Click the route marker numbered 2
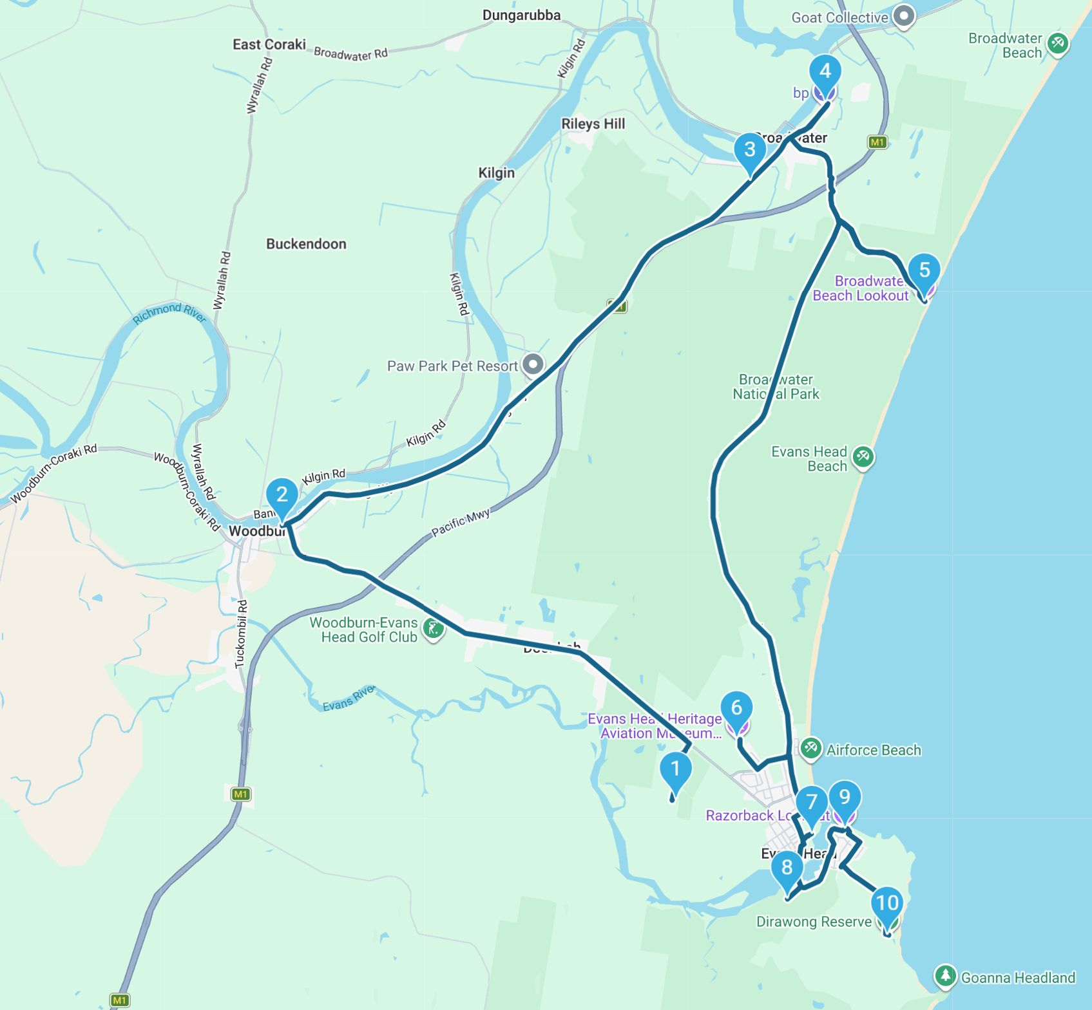coord(282,495)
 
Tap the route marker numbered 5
coord(924,270)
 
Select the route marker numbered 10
coord(887,903)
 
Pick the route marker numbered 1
coord(675,769)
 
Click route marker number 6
coord(736,708)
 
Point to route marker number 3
coord(750,150)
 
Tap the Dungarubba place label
coord(521,15)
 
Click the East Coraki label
coord(269,44)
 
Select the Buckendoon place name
coord(306,244)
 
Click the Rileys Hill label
coord(593,124)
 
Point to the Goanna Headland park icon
coord(945,976)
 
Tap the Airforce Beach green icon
coord(810,748)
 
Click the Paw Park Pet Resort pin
coord(533,364)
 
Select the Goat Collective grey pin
coord(904,16)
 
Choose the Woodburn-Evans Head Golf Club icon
coord(434,629)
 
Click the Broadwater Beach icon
coord(1057,44)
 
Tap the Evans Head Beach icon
coord(863,457)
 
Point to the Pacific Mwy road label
coord(461,522)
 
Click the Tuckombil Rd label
coord(241,634)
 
